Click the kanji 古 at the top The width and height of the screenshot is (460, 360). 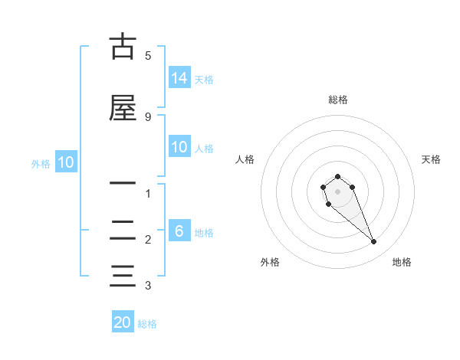[123, 47]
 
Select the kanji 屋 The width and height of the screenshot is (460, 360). [123, 108]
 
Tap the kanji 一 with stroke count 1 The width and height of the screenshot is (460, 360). [123, 183]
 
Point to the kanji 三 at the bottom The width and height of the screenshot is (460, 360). [123, 274]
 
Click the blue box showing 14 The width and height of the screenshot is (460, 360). [179, 77]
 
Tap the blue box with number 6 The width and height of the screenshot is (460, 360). [179, 231]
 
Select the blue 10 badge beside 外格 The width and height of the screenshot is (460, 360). [66, 162]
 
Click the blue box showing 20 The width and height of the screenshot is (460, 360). [123, 322]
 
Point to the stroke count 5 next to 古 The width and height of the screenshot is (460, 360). [148, 55]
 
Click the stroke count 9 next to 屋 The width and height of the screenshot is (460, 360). [148, 116]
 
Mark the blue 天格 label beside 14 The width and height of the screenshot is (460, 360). [204, 79]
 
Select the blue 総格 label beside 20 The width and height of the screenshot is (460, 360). [147, 324]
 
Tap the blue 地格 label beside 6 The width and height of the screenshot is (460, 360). [204, 232]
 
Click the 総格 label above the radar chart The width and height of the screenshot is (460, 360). [337, 100]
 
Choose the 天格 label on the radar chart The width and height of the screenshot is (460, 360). [431, 159]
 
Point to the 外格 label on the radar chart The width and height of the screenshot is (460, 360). [270, 262]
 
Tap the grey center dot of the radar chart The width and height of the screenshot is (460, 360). [337, 191]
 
